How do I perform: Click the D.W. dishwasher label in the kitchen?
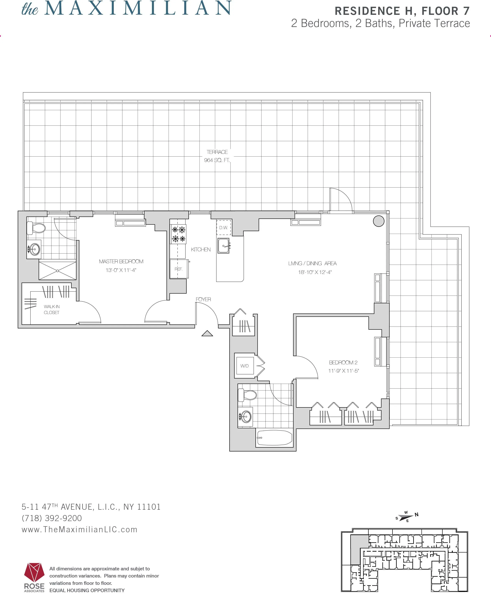pos(223,228)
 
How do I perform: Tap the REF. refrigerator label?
pos(178,269)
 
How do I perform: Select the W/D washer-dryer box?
pos(245,366)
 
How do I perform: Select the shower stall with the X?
pos(57,271)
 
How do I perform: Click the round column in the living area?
pos(378,221)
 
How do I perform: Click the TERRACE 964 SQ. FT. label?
pos(217,156)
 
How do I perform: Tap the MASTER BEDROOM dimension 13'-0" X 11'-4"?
pos(121,270)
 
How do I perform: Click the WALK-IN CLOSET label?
pos(51,309)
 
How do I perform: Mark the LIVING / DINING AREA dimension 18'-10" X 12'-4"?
pos(315,272)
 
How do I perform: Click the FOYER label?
pos(203,299)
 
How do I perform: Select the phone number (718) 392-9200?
pos(52,518)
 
